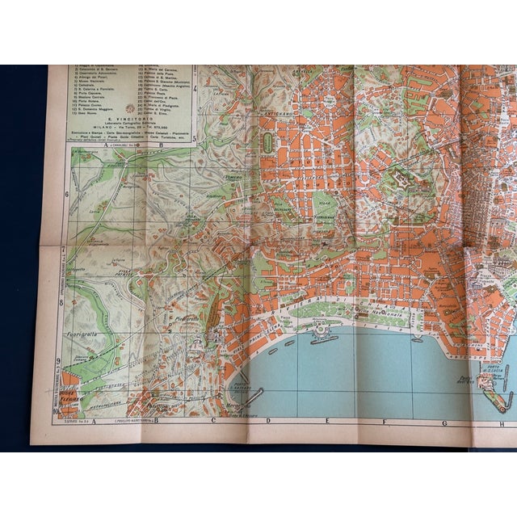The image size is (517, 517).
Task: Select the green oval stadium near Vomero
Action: tap(267, 143)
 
